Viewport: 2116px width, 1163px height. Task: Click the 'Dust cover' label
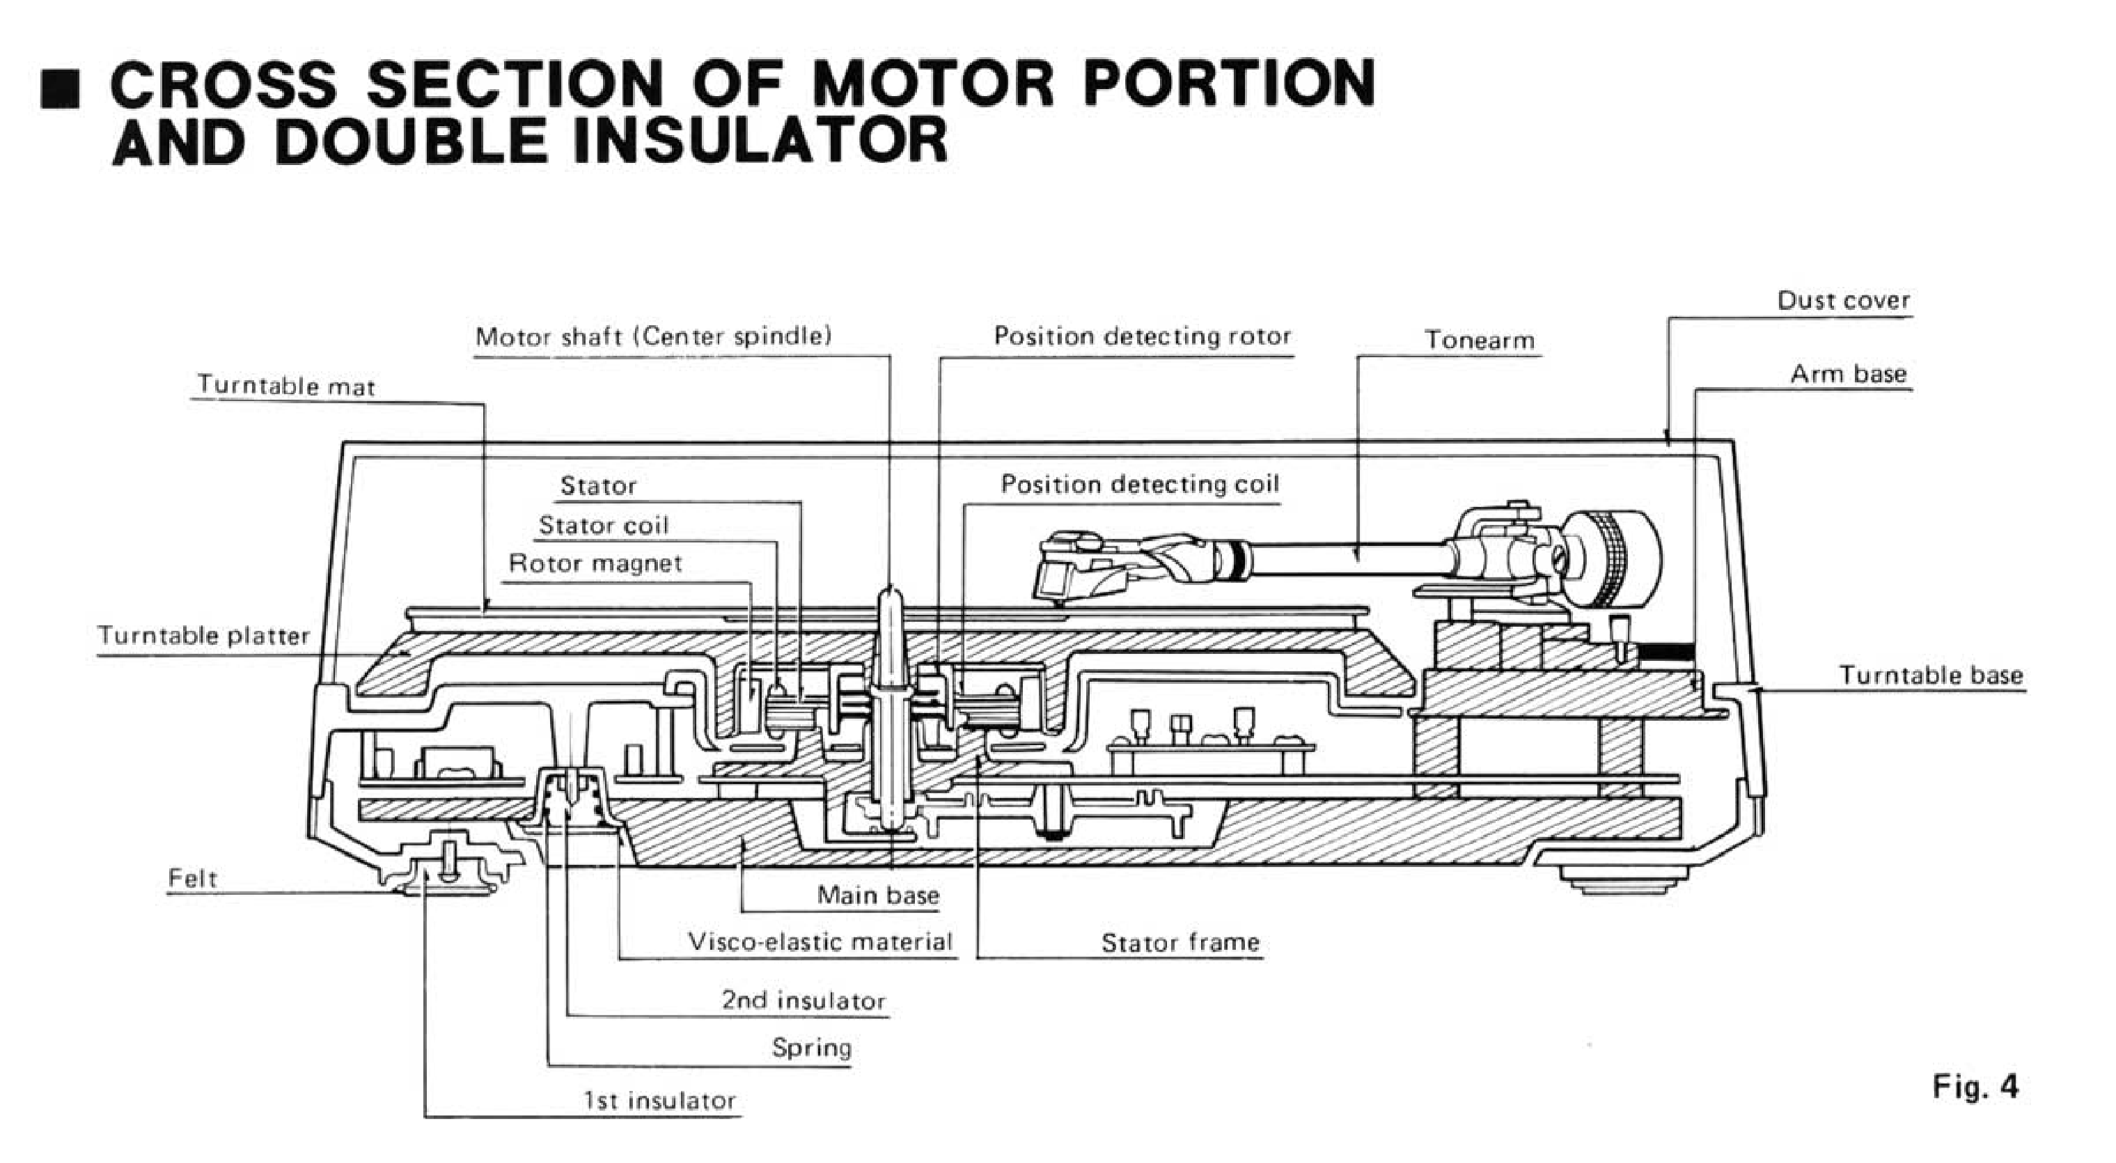[x=1842, y=301]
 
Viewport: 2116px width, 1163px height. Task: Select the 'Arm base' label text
[x=1847, y=375]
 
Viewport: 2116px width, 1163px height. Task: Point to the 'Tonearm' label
[x=1479, y=340]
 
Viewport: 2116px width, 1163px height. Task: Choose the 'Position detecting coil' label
[x=1139, y=485]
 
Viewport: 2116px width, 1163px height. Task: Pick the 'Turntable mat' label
[x=286, y=385]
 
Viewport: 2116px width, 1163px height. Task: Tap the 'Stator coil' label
[x=603, y=526]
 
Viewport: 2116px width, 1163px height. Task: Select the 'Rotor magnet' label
[x=595, y=563]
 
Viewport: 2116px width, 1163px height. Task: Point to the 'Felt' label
[x=192, y=879]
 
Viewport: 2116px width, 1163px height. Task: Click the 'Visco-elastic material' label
[x=820, y=942]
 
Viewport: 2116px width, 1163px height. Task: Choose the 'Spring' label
[x=810, y=1048]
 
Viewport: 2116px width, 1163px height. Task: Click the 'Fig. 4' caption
[x=1975, y=1086]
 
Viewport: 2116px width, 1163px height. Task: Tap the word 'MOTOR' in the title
[x=932, y=84]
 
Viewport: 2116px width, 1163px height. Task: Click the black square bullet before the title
[x=60, y=88]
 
